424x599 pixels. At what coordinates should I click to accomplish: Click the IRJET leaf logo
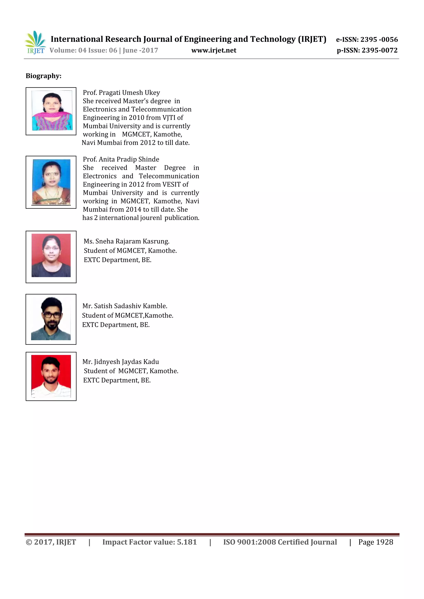[35, 42]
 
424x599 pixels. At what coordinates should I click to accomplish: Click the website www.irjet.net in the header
[214, 50]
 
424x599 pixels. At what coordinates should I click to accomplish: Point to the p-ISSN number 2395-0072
[379, 50]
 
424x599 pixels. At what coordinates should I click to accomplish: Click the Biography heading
[43, 76]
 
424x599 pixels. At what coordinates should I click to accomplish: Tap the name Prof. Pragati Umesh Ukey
[121, 93]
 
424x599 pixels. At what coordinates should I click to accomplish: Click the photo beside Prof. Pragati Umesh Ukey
[52, 111]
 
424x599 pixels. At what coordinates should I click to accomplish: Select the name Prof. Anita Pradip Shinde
[121, 159]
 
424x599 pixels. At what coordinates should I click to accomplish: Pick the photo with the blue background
[51, 182]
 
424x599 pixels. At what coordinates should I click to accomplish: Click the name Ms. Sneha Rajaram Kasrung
[126, 241]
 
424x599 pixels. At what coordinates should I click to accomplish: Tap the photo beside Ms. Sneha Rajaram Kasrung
[51, 255]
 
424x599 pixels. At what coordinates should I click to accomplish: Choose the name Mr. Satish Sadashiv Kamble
[125, 306]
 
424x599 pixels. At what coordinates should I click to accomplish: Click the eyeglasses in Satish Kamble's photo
[52, 315]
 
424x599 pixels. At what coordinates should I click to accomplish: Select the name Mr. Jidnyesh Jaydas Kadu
[121, 362]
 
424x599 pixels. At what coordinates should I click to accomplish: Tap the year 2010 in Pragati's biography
[136, 118]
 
